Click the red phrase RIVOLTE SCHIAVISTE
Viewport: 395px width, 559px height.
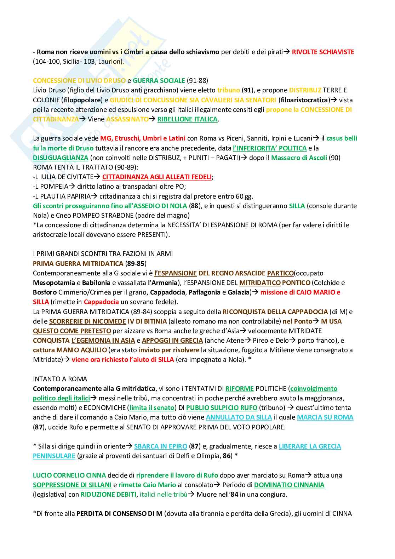[x=323, y=52]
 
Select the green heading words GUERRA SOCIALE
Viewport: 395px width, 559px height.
[x=159, y=81]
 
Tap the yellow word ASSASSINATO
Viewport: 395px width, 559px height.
[x=127, y=119]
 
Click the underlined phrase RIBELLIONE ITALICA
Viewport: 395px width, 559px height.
[x=187, y=119]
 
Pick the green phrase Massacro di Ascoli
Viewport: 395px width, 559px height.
[x=299, y=158]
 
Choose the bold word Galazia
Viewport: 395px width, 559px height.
[x=239, y=292]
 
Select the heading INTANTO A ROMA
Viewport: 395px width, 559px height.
[x=60, y=379]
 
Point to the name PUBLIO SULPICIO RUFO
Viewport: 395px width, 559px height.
[x=222, y=407]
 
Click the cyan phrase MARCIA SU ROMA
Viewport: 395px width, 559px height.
[x=325, y=417]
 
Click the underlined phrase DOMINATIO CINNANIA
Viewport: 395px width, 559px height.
[x=289, y=485]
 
